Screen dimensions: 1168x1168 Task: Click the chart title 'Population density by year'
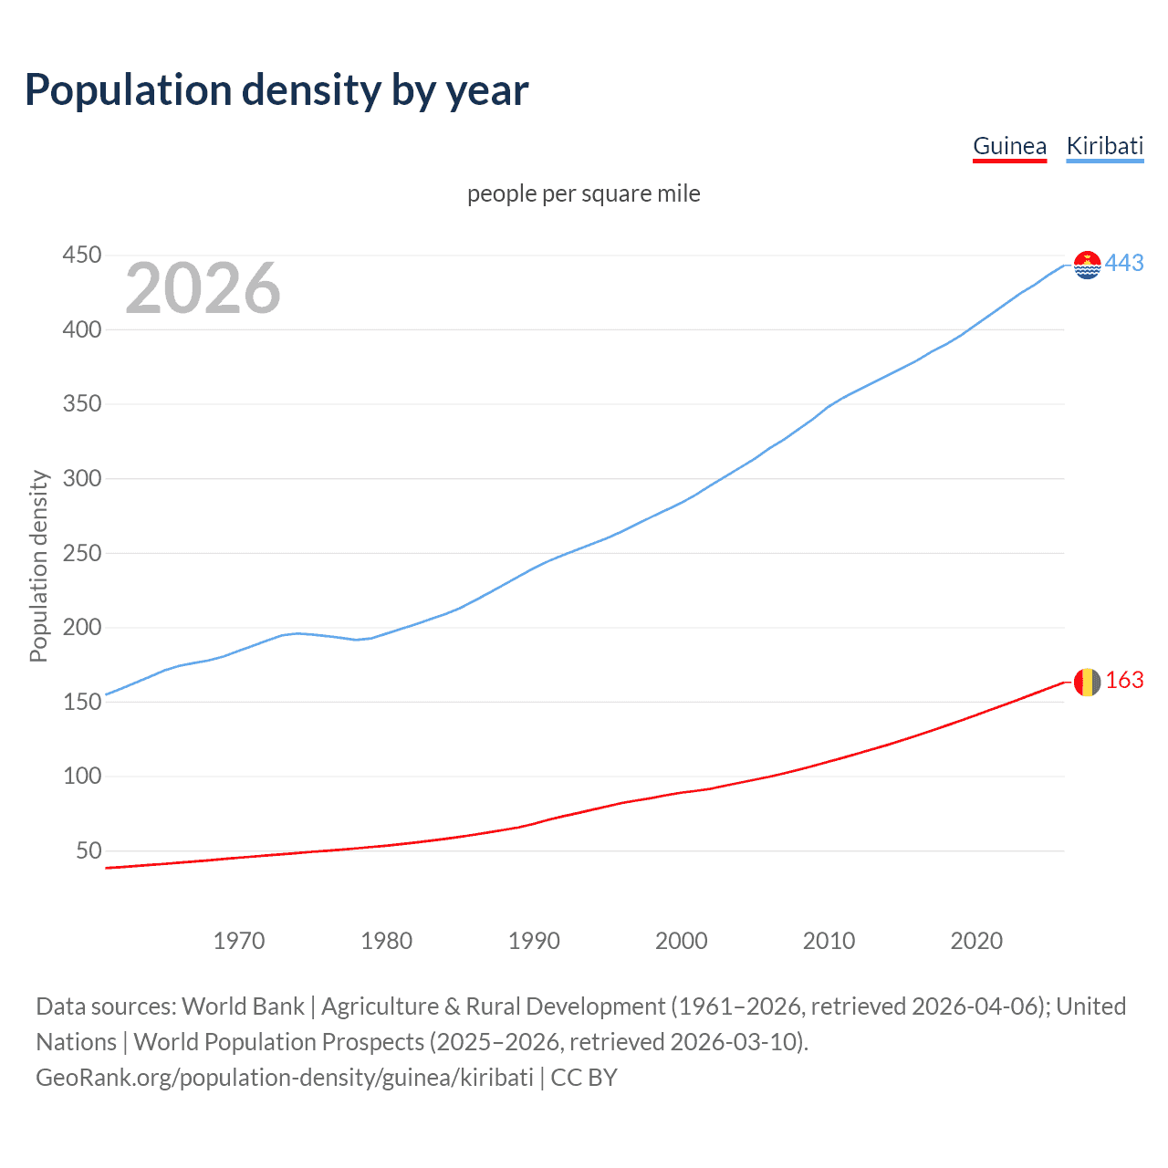[x=276, y=89]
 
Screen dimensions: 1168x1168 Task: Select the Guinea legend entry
[x=1009, y=146]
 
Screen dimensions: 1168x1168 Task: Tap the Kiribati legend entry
[x=1104, y=146]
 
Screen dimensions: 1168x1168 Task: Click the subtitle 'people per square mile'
[x=584, y=193]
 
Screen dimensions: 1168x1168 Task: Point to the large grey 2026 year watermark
[x=203, y=288]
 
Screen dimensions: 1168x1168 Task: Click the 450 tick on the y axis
[x=82, y=255]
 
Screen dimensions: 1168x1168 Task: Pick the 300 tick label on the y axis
[x=82, y=479]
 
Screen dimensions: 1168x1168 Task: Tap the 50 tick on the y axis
[x=89, y=851]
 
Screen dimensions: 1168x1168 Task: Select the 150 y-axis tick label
[x=82, y=703]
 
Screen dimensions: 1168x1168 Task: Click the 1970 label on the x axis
[x=239, y=941]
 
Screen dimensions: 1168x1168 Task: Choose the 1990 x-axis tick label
[x=534, y=941]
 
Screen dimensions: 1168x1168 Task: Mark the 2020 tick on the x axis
[x=976, y=941]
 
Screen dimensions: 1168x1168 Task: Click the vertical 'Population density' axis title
[x=38, y=566]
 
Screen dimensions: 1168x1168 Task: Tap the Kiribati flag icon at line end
[x=1087, y=265]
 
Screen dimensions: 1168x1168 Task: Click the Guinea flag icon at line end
[x=1087, y=682]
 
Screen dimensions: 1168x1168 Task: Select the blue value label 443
[x=1124, y=264]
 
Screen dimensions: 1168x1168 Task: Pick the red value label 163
[x=1124, y=681]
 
